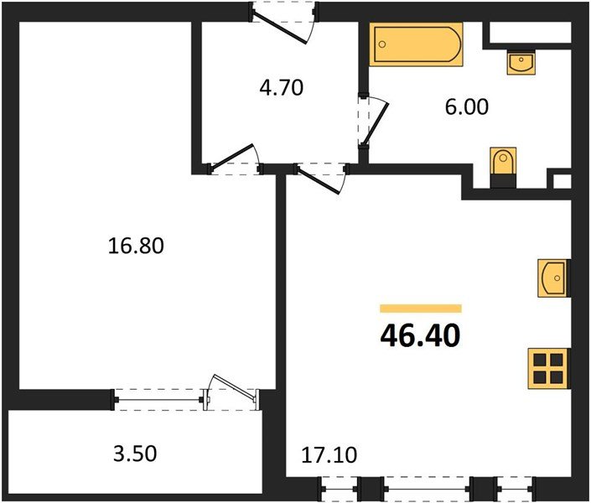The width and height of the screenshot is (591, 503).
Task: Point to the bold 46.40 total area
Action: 420,335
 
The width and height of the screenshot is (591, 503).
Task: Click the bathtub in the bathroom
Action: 417,44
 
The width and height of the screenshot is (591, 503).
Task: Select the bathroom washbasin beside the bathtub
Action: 521,62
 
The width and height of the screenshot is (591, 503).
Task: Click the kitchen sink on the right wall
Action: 552,278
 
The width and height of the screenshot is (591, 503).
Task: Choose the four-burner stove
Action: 548,368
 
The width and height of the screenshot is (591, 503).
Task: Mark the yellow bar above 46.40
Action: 420,309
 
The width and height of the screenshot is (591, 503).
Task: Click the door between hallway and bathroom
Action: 369,122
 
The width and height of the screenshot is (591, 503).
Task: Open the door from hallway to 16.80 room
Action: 235,163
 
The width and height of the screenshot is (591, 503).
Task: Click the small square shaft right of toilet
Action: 560,179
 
